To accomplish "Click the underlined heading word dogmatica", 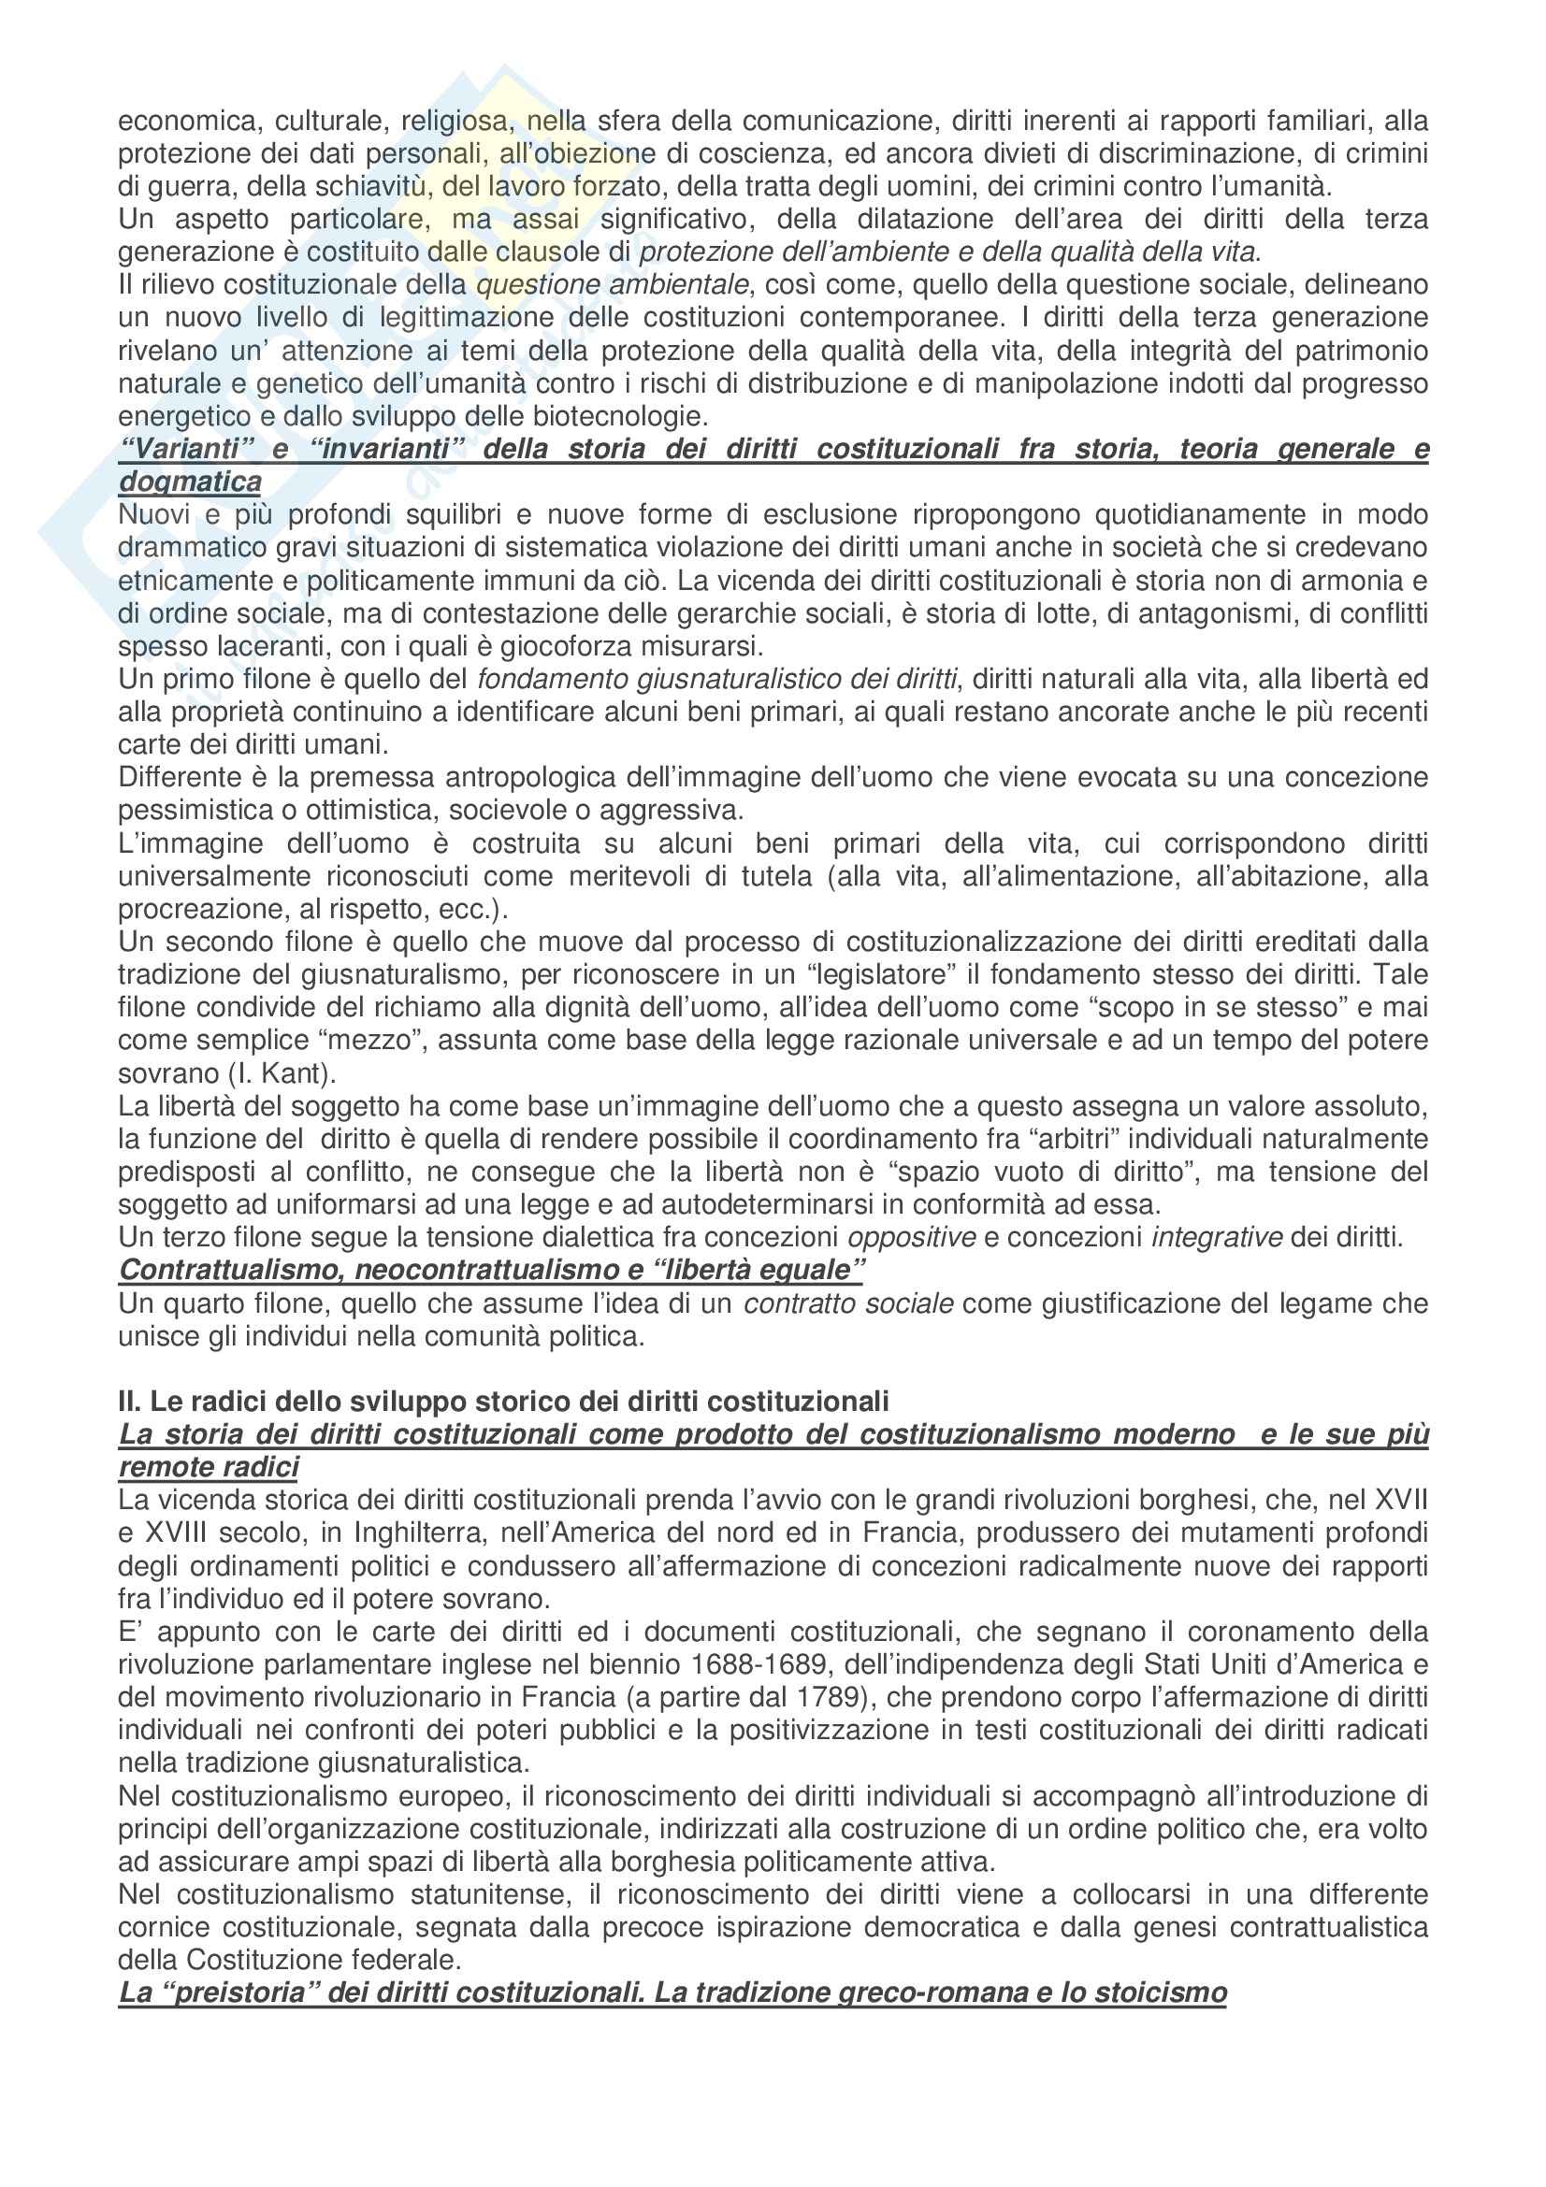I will tap(190, 482).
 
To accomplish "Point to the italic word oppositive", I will tap(912, 1238).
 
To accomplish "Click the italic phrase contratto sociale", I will tap(847, 1304).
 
